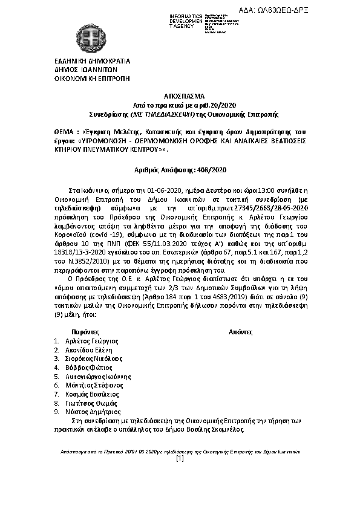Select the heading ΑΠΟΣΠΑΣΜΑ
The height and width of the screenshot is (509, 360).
coord(180,96)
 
